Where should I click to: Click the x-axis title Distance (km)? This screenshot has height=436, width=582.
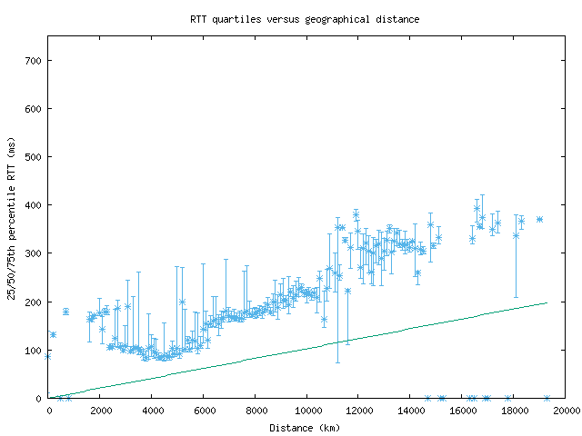tap(305, 428)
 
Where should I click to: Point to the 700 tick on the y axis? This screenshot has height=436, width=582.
tap(35, 61)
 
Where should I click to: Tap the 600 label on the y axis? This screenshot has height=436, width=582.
tap(35, 109)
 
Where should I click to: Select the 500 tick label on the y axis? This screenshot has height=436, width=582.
tap(35, 157)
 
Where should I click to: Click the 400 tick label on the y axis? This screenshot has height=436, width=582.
tap(35, 205)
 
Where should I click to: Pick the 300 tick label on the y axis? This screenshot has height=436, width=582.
tap(35, 253)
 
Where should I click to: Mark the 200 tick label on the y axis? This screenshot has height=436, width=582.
tap(35, 302)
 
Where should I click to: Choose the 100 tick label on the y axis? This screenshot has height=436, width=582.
tap(35, 350)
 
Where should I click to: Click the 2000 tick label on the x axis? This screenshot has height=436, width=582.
tap(100, 411)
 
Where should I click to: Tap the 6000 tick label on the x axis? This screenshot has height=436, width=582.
tap(204, 411)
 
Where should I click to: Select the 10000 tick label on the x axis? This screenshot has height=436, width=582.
tap(307, 411)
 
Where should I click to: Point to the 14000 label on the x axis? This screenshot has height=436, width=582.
tap(411, 411)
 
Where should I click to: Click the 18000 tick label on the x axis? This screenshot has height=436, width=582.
tap(515, 411)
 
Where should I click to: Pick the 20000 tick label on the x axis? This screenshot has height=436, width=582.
tap(566, 411)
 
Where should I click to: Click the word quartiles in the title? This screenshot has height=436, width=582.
tap(236, 18)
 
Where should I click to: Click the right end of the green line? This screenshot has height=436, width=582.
tap(547, 303)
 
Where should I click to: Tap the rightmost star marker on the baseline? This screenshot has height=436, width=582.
tap(547, 398)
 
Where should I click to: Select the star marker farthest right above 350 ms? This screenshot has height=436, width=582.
tap(539, 219)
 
